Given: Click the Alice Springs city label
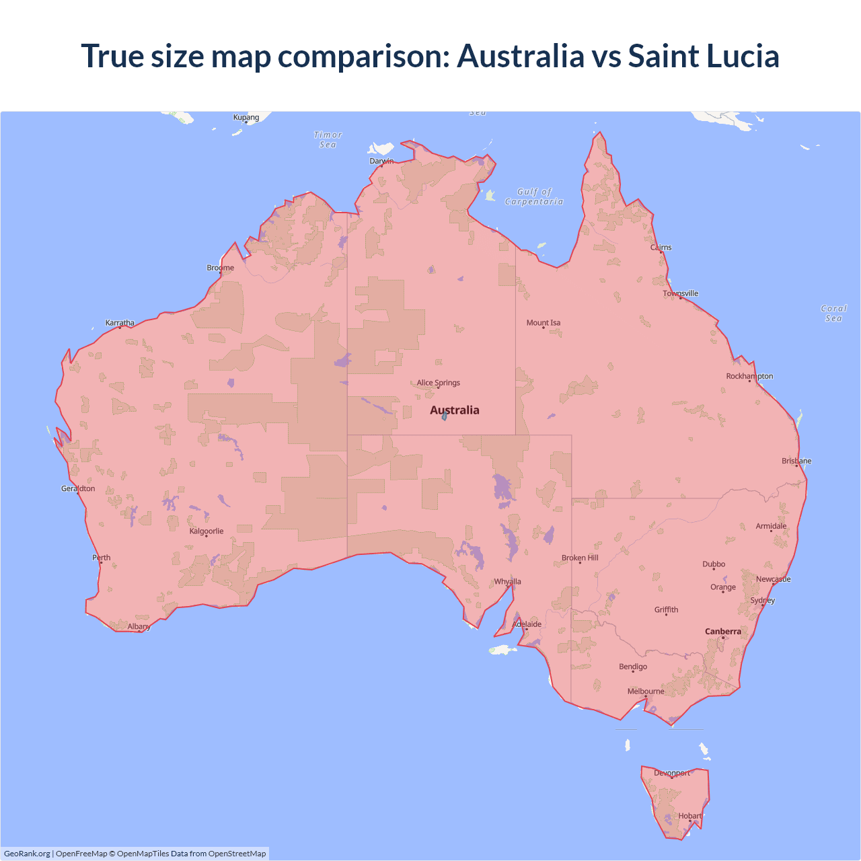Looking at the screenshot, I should point(439,383).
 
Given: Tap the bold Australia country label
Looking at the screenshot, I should point(455,410).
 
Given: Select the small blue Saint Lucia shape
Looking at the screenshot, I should point(445,417).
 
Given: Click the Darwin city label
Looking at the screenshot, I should point(381,161).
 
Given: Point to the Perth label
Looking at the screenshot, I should point(102,557).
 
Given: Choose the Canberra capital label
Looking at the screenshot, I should point(723,631).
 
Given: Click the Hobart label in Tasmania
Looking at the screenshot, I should point(690,815).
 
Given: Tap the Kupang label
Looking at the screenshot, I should point(246,117).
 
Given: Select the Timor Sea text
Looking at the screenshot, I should point(328,139).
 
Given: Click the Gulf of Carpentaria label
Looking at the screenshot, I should point(534,196).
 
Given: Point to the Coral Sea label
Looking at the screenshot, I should point(833,313).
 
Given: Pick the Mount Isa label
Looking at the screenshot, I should point(544,322).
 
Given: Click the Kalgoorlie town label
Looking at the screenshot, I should point(207,531).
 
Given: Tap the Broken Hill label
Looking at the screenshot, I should point(580,558).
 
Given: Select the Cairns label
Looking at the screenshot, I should point(661,247).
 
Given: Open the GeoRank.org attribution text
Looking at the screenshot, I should point(27,854).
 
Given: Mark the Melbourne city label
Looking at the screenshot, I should point(646,691).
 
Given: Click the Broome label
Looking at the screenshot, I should point(221,267).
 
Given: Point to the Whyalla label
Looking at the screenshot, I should point(508,581).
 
